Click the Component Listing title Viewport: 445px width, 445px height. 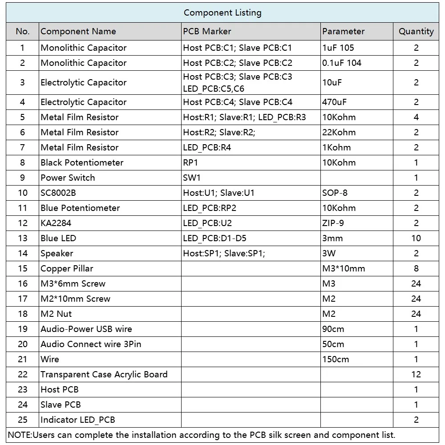[222, 13]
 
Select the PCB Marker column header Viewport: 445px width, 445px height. [207, 32]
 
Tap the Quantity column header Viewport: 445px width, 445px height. [416, 32]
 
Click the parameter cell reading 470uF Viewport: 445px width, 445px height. [335, 102]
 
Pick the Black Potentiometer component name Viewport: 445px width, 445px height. [82, 163]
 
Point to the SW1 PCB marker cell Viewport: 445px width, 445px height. [192, 178]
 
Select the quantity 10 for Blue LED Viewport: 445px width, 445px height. [416, 239]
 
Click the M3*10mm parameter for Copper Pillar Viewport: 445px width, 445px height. [344, 269]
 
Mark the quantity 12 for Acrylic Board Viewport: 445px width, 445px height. [416, 375]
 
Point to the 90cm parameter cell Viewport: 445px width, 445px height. [333, 329]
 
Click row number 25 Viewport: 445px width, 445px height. [23, 420]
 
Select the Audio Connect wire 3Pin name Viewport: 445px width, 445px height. [91, 344]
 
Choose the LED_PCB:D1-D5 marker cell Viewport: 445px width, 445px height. [214, 239]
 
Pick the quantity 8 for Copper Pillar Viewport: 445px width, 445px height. [416, 269]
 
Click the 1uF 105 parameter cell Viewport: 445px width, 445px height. [338, 48]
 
